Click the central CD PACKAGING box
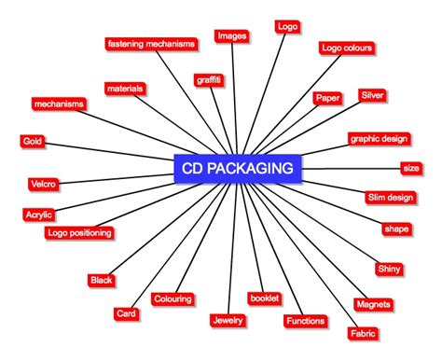pyautogui.click(x=239, y=169)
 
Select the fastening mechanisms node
pyautogui.click(x=150, y=43)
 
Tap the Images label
pyautogui.click(x=230, y=36)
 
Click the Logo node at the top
pyautogui.click(x=287, y=26)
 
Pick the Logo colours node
pyautogui.click(x=347, y=48)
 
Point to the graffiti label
pyautogui.click(x=209, y=80)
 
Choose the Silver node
pyautogui.click(x=372, y=96)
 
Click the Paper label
pyautogui.click(x=326, y=98)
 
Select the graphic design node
pyautogui.click(x=379, y=139)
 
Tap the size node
pyautogui.click(x=410, y=168)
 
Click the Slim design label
pyautogui.click(x=390, y=197)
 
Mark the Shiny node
pyautogui.click(x=389, y=269)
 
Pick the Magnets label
pyautogui.click(x=373, y=304)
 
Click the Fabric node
pyautogui.click(x=362, y=333)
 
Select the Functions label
pyautogui.click(x=305, y=321)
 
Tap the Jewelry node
pyautogui.click(x=227, y=320)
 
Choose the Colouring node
pyautogui.click(x=173, y=299)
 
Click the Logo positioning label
pyautogui.click(x=79, y=232)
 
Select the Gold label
pyautogui.click(x=31, y=141)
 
